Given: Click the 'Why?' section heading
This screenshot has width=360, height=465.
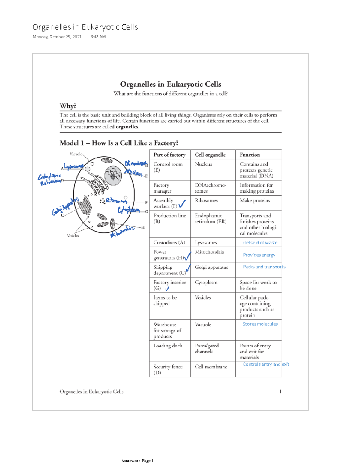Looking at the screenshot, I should point(68,106).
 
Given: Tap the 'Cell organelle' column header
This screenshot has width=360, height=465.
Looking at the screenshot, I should point(210,155).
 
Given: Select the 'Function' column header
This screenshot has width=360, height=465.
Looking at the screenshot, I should point(250,155).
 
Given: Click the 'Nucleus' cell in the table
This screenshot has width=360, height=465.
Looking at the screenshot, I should point(203,164).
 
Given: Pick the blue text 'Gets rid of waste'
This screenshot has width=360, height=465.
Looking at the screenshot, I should point(260,243).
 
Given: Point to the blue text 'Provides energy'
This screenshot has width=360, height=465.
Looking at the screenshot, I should point(259,255).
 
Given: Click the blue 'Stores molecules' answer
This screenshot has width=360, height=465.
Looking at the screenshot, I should point(260,324).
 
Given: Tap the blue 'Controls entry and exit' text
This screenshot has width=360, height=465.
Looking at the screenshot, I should point(266,364).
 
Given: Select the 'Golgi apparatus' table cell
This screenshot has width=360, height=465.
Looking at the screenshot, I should point(211,267).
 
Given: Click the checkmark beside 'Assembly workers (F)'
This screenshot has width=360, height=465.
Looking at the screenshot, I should point(182,205).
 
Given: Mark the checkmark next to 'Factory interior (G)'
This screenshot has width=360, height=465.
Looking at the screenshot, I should point(167,289).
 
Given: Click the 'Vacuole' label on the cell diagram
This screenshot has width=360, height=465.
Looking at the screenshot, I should point(76,154).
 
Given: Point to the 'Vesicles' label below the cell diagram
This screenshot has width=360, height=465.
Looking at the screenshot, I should point(73,236).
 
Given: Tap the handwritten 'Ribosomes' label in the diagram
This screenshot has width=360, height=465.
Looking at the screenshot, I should point(116,201).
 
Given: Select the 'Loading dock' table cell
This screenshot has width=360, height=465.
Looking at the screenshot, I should point(168,346).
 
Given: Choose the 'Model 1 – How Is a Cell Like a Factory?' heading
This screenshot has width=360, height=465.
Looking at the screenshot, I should point(119,143).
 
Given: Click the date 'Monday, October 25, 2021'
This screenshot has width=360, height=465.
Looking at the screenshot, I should point(57,37).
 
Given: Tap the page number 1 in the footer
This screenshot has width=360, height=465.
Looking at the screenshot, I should point(280,391).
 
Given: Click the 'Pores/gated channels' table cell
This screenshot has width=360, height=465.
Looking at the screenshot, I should point(207,349).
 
